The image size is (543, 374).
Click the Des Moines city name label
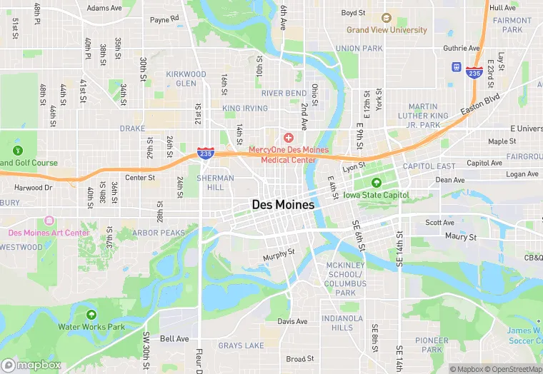tap(283, 204)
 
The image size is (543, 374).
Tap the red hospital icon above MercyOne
tap(289, 137)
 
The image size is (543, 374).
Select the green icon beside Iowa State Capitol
tap(377, 183)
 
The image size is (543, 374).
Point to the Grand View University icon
tap(387, 18)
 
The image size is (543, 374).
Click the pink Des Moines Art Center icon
tap(49, 221)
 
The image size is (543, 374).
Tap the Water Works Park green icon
tap(91, 315)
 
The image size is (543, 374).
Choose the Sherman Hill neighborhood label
tap(215, 183)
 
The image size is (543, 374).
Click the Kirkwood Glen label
tap(186, 79)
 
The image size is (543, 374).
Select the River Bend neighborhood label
tap(284, 93)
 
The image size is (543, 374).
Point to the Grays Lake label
tap(241, 346)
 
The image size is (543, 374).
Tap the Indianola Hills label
tap(337, 323)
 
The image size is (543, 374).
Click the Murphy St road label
tap(279, 253)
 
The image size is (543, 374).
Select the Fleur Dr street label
tap(199, 360)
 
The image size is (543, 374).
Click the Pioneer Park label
tap(432, 345)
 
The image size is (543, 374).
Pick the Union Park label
tap(359, 49)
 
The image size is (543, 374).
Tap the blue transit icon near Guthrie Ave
tap(456, 67)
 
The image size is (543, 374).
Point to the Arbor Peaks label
tap(158, 233)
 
